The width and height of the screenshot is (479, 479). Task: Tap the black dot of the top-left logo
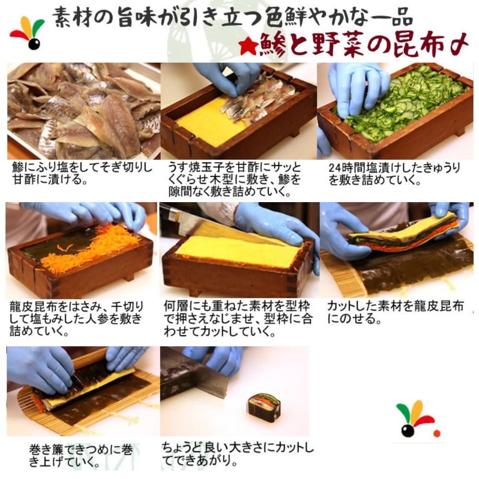point(34,44)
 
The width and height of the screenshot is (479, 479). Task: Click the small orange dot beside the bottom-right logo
point(437,433)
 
